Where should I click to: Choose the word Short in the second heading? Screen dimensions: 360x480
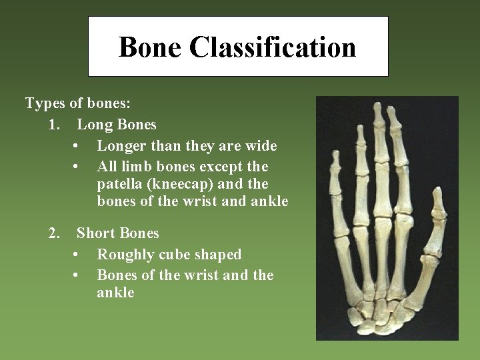point(96,234)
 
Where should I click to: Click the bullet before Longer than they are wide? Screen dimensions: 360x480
point(78,145)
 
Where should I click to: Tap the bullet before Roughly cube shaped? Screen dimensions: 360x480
point(78,255)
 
